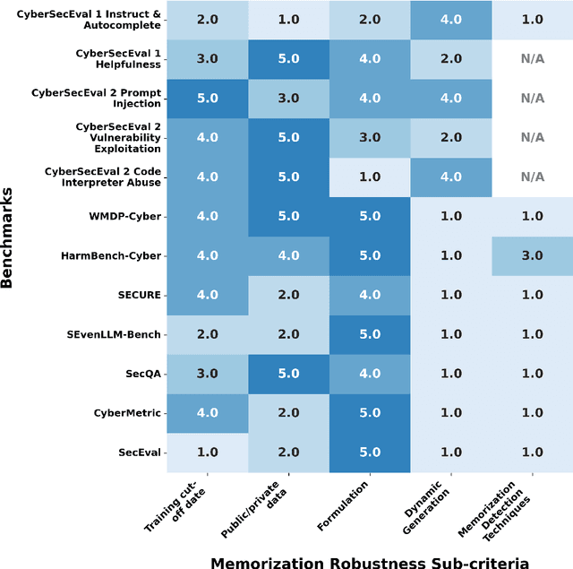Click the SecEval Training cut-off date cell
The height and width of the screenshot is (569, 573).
click(x=208, y=453)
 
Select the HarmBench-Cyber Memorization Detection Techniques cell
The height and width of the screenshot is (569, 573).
click(x=532, y=255)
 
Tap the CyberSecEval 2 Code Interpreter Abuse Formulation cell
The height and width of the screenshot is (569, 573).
click(x=370, y=177)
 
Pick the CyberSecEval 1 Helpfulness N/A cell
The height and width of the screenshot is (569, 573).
click(x=532, y=58)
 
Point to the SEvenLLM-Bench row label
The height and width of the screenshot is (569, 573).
click(x=113, y=334)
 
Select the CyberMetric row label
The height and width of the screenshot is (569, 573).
click(x=127, y=413)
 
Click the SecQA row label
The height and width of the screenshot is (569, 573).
click(x=142, y=374)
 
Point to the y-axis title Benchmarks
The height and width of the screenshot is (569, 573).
click(x=8, y=237)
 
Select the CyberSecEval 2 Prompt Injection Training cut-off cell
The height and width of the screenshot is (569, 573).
click(x=208, y=98)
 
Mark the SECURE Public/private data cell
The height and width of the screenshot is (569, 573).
click(x=288, y=295)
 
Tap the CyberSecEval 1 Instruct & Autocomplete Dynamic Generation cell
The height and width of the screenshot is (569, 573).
click(x=450, y=19)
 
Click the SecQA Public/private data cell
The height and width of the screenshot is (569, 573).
click(x=288, y=374)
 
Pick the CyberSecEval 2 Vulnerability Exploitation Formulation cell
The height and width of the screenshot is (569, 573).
click(x=370, y=137)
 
